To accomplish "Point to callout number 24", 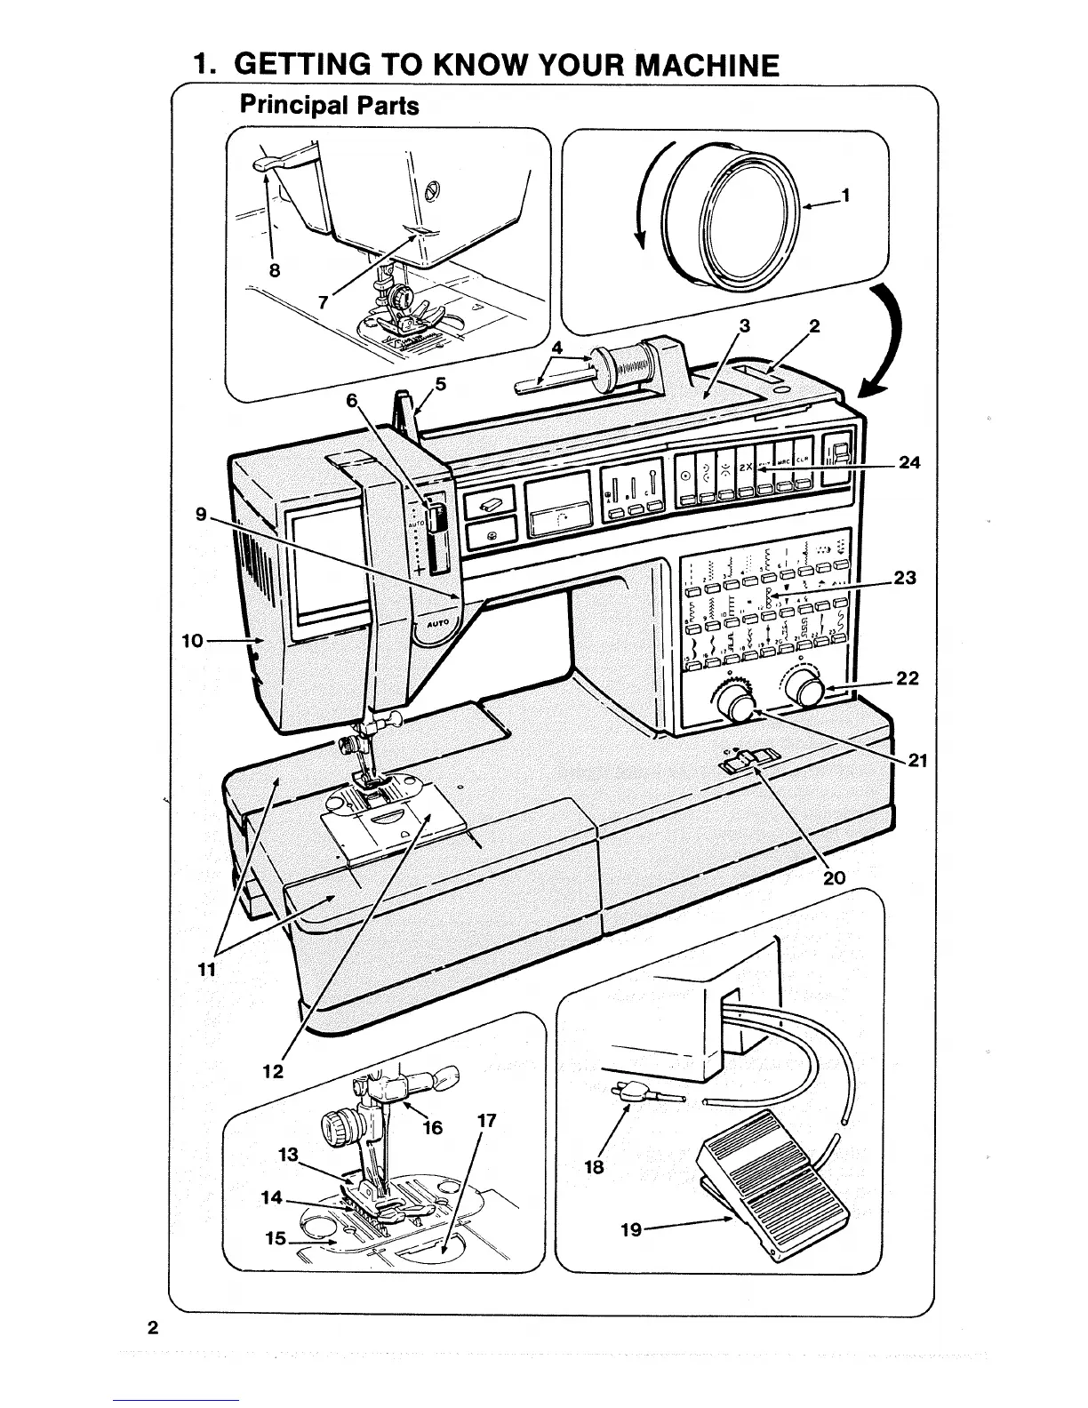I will [x=909, y=462].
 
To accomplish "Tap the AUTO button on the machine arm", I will [x=437, y=623].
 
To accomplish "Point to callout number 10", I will [x=193, y=640].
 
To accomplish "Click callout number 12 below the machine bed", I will [x=273, y=1071].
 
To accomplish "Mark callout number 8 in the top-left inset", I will [x=275, y=270].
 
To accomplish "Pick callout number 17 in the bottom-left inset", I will [x=486, y=1121].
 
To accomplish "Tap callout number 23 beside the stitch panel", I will [x=905, y=578].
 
